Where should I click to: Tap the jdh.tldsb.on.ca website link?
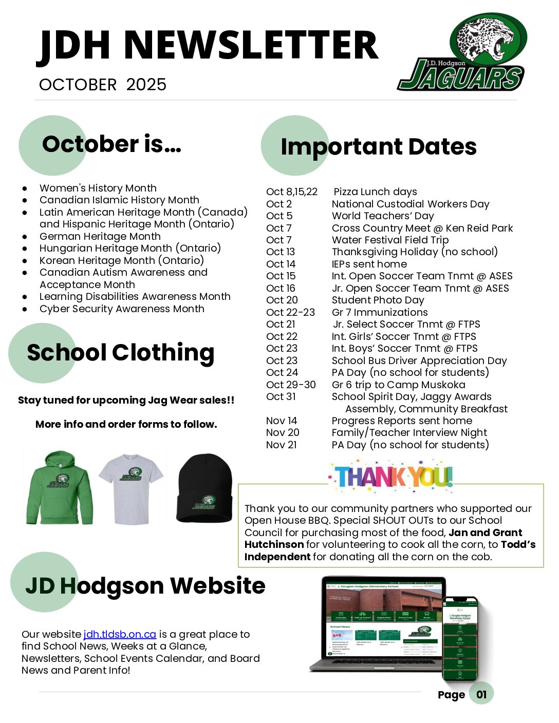coord(120,634)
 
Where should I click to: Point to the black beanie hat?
coord(204,487)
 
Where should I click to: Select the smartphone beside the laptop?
coord(460,638)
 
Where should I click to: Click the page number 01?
coord(481,694)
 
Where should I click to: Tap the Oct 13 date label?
coord(281,252)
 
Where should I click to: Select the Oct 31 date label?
coord(281,397)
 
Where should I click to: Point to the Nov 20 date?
coord(283,433)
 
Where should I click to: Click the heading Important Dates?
coord(379,147)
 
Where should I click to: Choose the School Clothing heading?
coord(121,353)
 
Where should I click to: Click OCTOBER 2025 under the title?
coord(103,85)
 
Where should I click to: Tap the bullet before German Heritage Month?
coord(25,237)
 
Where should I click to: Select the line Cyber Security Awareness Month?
coord(122,309)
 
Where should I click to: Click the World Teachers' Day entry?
coord(383,216)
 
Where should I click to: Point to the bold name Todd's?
coord(518,545)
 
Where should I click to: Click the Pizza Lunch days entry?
coord(375,192)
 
